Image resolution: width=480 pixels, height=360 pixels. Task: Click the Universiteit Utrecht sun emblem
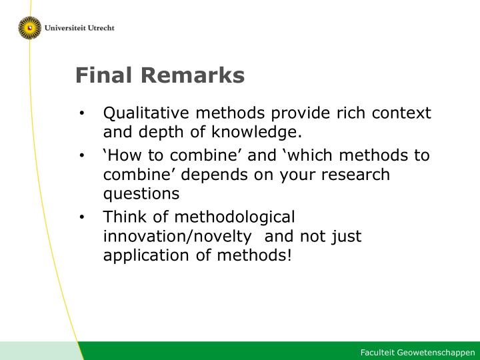(30, 28)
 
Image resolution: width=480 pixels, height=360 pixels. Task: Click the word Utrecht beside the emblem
(101, 28)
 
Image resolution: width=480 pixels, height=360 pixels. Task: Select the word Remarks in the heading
(193, 75)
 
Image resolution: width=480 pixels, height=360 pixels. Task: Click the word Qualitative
(146, 113)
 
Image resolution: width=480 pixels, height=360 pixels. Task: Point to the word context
(401, 113)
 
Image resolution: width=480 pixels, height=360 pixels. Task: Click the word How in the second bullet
(124, 155)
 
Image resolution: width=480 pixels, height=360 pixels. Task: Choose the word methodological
(235, 217)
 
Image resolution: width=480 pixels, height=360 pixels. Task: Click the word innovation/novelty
(177, 236)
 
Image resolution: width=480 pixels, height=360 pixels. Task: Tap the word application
(146, 255)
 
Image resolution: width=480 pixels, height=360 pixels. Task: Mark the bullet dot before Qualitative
(81, 113)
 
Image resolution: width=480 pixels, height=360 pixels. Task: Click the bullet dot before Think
(81, 217)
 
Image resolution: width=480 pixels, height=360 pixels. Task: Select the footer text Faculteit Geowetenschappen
(417, 353)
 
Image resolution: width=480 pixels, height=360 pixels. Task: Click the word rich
(351, 113)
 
